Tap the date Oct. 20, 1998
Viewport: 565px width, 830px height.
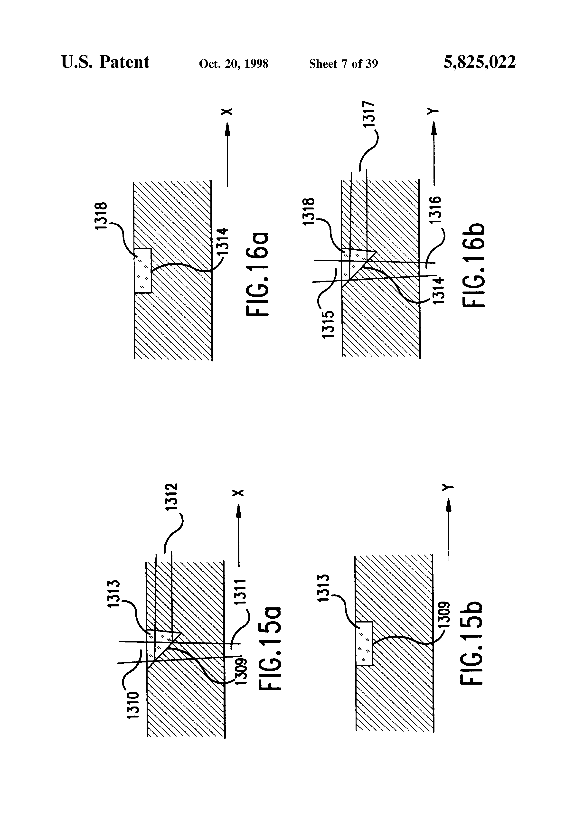click(x=234, y=64)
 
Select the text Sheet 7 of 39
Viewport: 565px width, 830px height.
click(x=343, y=64)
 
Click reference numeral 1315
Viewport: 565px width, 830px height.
click(x=328, y=324)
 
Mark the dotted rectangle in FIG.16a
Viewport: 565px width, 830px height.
click(x=143, y=270)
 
